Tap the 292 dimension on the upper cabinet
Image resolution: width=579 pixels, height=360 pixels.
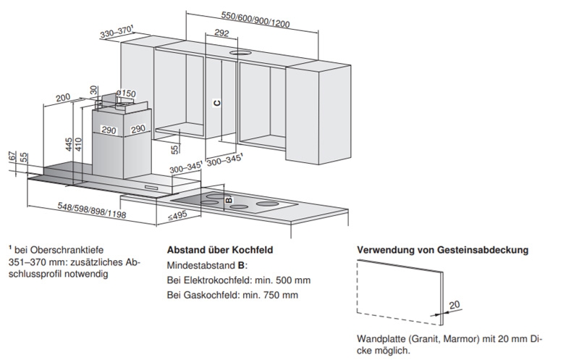[221, 33]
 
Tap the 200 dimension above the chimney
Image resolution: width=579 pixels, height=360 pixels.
[62, 97]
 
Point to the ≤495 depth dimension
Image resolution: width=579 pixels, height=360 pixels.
[179, 216]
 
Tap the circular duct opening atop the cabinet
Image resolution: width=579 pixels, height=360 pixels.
[239, 53]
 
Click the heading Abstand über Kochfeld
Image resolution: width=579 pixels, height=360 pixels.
[219, 249]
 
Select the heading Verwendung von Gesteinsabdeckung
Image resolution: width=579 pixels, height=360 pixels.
[443, 250]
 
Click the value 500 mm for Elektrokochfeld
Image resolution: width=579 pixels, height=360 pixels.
[289, 280]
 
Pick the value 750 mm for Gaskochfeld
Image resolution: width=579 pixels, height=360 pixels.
[280, 295]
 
